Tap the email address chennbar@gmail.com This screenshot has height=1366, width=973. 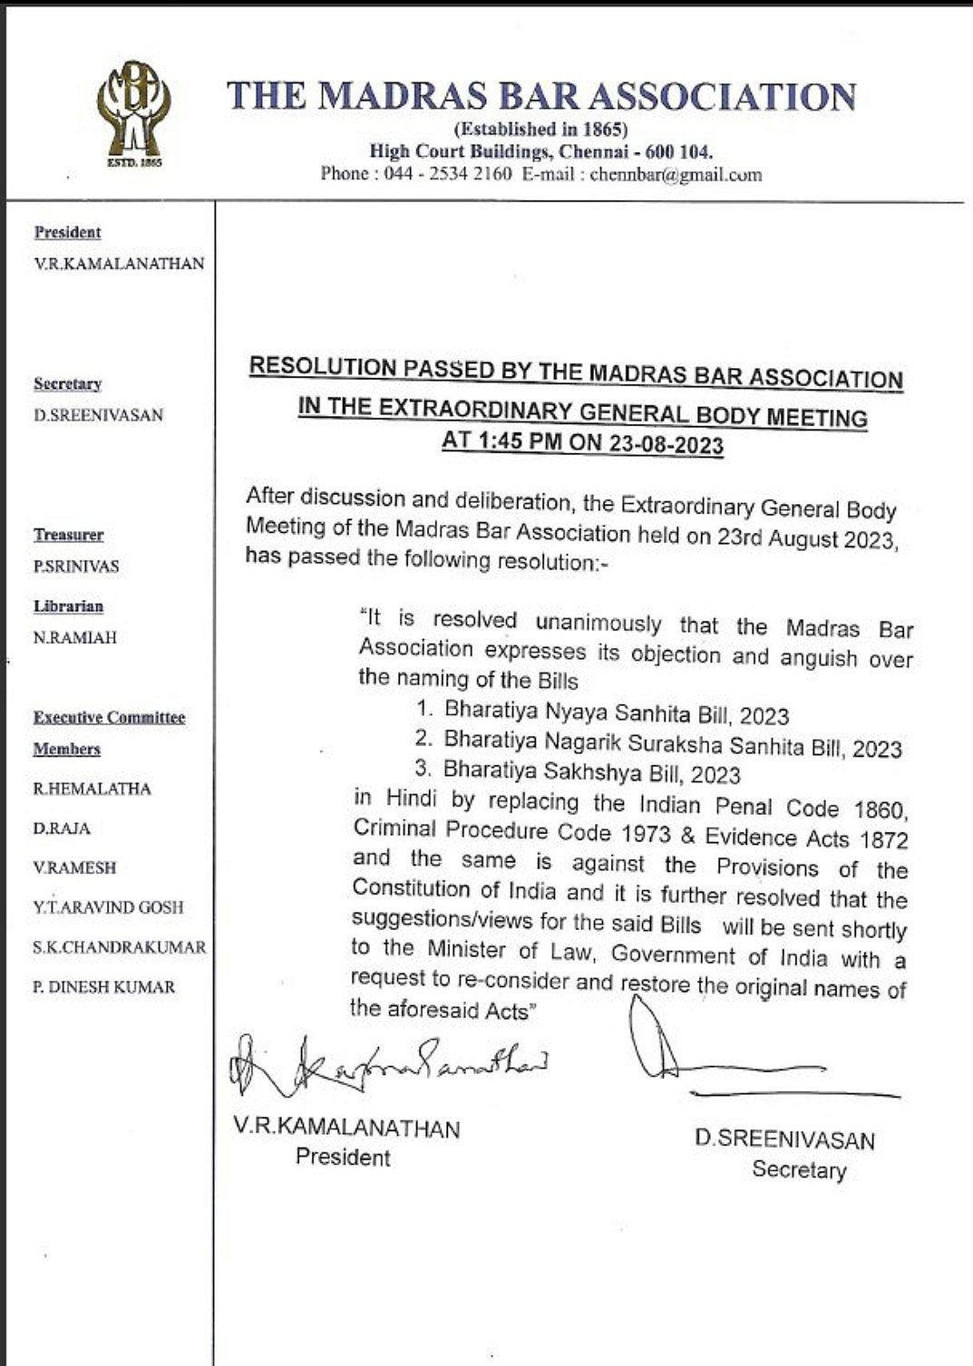coord(675,175)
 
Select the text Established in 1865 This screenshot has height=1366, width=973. coord(541,130)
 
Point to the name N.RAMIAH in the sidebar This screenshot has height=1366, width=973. coord(74,638)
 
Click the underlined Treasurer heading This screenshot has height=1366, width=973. coord(69,535)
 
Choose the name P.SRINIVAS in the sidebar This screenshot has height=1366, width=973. coord(76,567)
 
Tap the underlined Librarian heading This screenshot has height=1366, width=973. coord(69,606)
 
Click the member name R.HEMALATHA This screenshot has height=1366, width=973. coord(92,789)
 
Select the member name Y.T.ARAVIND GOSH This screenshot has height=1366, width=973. coord(108,907)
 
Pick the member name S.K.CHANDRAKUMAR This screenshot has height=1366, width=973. coord(119,947)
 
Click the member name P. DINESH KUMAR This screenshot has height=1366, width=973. coord(104,987)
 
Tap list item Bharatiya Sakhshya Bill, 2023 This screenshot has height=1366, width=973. coord(591,773)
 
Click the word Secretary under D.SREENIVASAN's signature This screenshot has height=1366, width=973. coord(798,1170)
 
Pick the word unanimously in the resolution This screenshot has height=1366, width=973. coord(598,624)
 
